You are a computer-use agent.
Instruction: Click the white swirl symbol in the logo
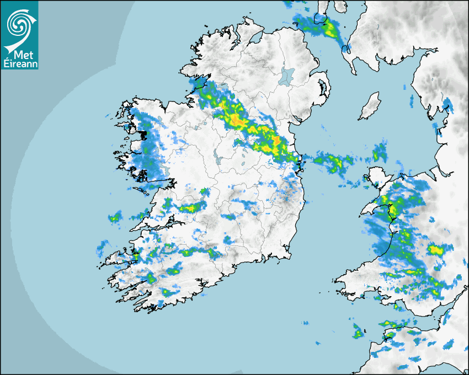coord(19,23)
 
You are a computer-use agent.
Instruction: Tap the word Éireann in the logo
coord(19,64)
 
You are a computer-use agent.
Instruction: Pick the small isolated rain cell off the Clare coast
coord(115,217)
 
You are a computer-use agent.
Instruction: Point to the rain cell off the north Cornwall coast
coord(358,333)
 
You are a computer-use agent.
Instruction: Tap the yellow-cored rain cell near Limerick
coord(191,208)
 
